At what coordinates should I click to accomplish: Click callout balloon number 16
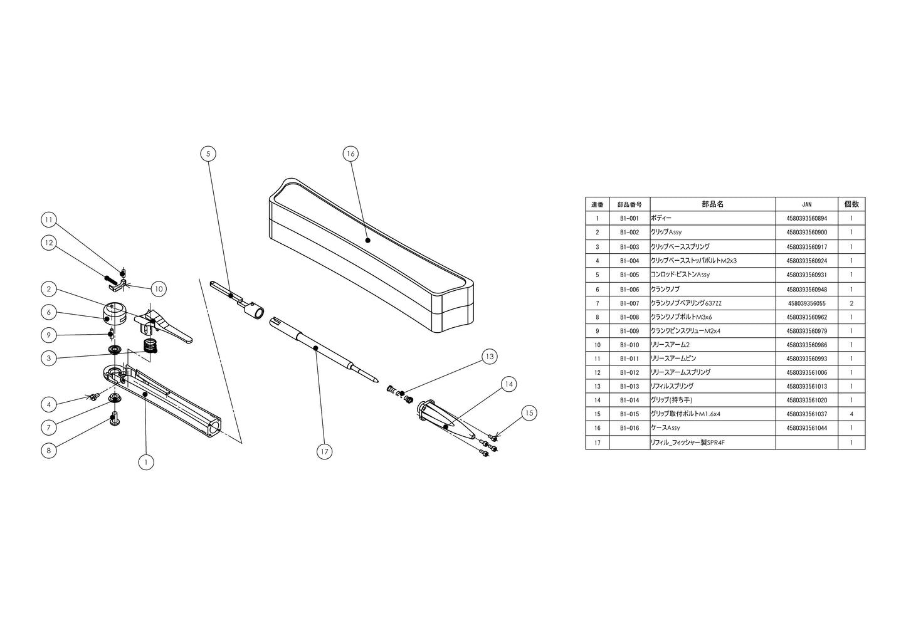point(350,154)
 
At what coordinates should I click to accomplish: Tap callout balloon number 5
point(208,154)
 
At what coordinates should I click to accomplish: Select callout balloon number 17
point(324,451)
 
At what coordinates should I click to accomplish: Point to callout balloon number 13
point(490,357)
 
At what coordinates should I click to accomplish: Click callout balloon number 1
point(145,462)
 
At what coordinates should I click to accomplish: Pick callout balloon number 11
point(49,219)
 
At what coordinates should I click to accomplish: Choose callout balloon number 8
point(49,449)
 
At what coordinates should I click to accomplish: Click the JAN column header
point(807,204)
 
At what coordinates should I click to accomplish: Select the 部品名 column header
point(712,204)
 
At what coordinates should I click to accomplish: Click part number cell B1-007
point(629,303)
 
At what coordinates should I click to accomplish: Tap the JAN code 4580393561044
point(807,428)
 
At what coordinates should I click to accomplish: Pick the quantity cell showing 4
point(851,414)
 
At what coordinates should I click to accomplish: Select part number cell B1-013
point(629,387)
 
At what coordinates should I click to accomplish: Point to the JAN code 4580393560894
point(807,219)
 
